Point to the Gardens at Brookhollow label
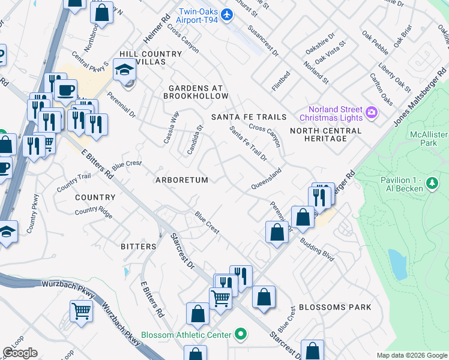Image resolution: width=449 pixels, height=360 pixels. pos(199,92)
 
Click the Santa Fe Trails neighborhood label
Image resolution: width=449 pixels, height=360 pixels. pos(249,116)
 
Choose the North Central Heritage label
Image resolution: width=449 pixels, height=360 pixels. pos(326,134)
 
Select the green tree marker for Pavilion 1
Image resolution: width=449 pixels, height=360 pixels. pos(430,181)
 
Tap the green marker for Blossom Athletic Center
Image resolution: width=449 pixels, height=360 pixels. pos(241,334)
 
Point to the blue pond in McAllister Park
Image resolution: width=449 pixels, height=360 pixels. pos(398,265)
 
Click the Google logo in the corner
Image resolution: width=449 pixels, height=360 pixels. pos(20,353)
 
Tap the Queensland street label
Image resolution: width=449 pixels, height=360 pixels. pos(266,178)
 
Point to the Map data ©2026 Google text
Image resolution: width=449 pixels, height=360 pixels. pos(412,355)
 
